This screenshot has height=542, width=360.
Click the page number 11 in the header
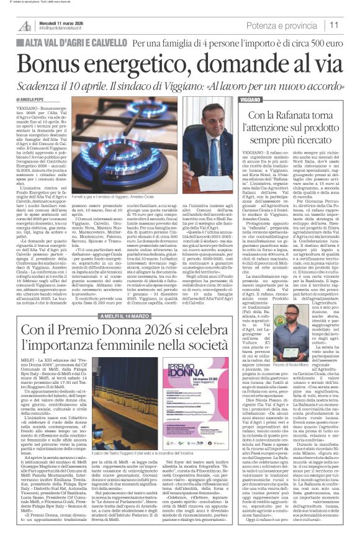(335, 25)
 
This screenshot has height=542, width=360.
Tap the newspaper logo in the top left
(24, 25)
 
